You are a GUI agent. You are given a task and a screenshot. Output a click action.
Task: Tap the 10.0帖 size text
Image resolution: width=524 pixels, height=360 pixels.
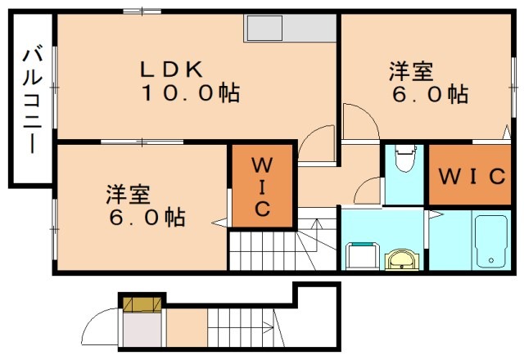click(190, 93)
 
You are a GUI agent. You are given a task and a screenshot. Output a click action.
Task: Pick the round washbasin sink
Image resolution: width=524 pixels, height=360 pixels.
click(402, 259)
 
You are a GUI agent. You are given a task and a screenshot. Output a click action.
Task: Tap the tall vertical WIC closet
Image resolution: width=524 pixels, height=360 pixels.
click(260, 185)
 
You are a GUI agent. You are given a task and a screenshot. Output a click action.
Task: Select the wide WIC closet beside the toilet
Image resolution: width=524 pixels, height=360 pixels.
click(474, 175)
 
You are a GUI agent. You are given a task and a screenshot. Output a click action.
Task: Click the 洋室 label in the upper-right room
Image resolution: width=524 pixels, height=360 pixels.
click(410, 71)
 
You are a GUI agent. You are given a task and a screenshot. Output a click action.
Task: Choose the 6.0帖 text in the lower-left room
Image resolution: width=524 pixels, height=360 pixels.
click(146, 218)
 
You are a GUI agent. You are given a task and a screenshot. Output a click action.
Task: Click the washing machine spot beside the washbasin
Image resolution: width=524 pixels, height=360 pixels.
click(360, 254)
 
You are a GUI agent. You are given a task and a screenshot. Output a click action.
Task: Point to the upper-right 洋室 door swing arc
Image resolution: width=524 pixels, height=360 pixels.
click(360, 122)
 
